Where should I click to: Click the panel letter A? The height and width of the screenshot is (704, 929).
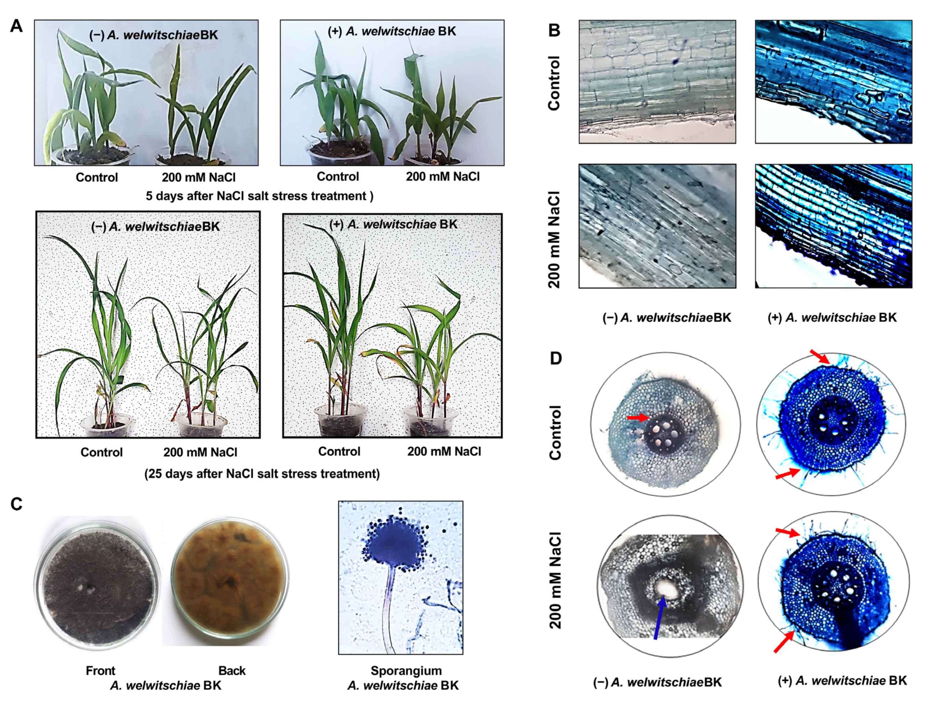(16, 26)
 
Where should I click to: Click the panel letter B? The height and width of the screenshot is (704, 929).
(554, 30)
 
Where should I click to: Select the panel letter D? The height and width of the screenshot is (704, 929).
(556, 358)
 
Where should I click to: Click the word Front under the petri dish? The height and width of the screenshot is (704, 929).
(100, 671)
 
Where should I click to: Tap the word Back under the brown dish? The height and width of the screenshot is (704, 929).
(232, 671)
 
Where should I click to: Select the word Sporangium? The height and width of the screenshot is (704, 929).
(406, 671)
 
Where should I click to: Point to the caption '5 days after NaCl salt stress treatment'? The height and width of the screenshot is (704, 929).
(259, 196)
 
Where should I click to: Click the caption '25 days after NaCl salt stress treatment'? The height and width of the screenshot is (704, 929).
(262, 474)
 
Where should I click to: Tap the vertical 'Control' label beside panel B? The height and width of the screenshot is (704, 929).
(554, 83)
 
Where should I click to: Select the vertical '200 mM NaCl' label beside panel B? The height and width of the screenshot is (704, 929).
(554, 239)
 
